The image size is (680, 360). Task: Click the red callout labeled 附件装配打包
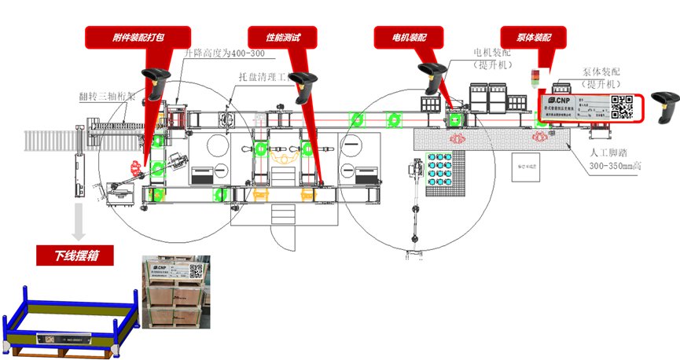click(138, 36)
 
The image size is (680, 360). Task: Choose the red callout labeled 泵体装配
click(534, 36)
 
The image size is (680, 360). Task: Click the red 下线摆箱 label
click(72, 256)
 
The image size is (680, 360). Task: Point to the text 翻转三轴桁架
click(107, 96)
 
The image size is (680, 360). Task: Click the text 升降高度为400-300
click(226, 54)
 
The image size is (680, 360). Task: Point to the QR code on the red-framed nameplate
click(622, 106)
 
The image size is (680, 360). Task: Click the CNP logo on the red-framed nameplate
click(559, 101)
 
